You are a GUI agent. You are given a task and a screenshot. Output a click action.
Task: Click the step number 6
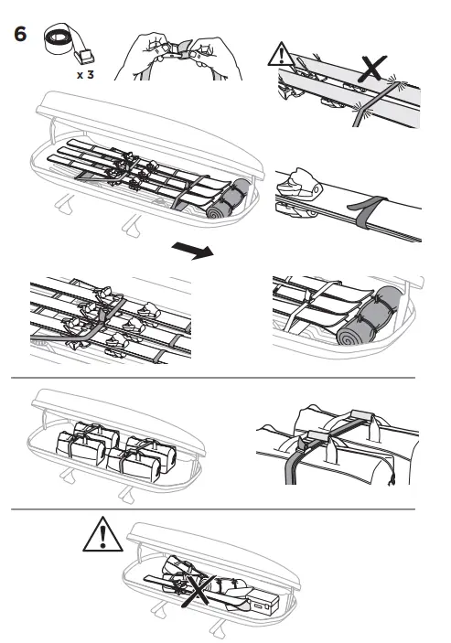(x=21, y=35)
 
